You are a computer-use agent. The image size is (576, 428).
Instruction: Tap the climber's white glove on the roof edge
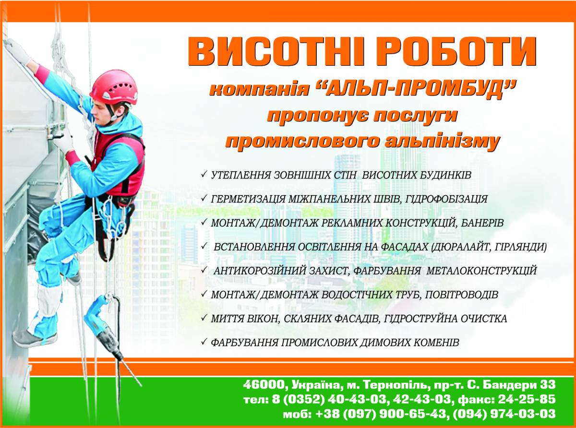click(x=17, y=52)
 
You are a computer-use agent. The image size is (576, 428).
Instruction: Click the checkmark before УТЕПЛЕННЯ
click(x=204, y=174)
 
